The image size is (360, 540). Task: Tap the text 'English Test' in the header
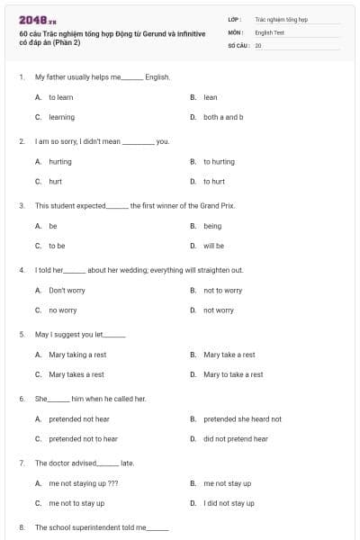coord(270,31)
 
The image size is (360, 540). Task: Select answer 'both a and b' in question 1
coord(223,117)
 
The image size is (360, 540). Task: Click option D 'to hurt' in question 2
coord(214,182)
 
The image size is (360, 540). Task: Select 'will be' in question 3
coord(214,246)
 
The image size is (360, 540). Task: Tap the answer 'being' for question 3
coord(212,226)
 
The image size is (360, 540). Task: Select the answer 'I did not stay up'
coord(229,503)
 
